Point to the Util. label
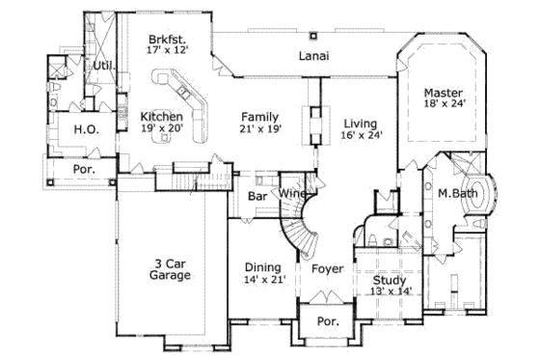pyautogui.click(x=103, y=66)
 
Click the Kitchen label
pyautogui.click(x=161, y=115)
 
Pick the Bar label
pyautogui.click(x=257, y=195)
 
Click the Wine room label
pyautogui.click(x=293, y=194)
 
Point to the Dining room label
pyautogui.click(x=262, y=267)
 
